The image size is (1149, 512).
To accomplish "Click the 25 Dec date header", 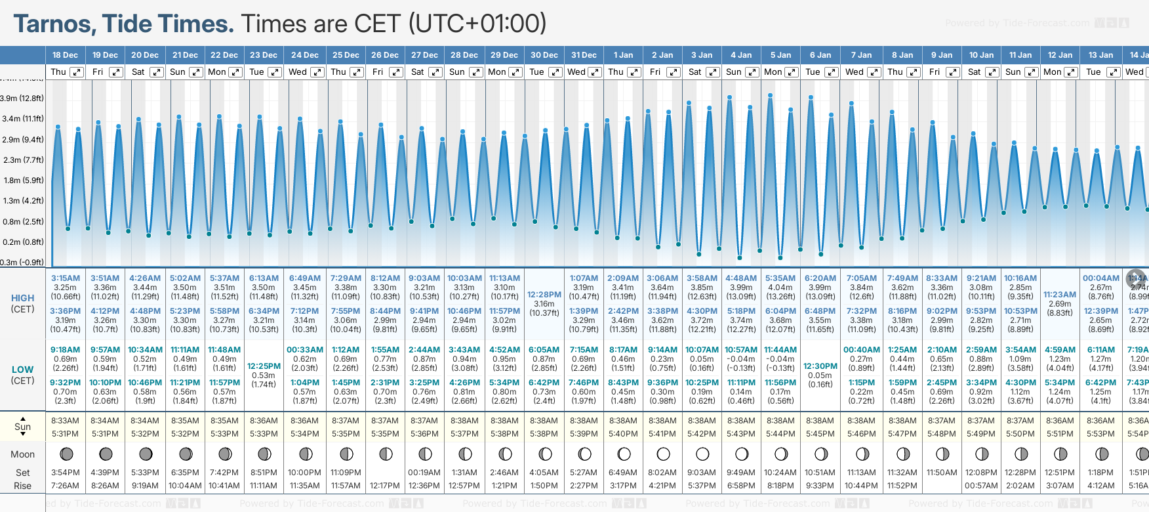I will pos(346,55).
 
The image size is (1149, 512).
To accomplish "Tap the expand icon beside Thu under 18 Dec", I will pos(77,72).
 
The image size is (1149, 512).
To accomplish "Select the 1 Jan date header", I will pos(623,55).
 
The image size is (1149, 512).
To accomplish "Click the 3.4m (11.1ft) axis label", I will pos(23,119).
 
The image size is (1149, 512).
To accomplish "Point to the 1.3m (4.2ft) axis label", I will pos(23,201).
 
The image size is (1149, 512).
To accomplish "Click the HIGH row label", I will pos(23,298).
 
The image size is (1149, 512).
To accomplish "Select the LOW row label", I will pos(23,370).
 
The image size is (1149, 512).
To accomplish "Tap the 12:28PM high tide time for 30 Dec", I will pos(544,295).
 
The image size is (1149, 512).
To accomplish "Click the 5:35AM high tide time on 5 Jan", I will pos(780,278).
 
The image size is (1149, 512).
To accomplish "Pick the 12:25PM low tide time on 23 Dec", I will pos(264,366).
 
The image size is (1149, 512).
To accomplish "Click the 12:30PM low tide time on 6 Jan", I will pos(820,366).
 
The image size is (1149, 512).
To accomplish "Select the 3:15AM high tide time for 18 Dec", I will pos(66,278).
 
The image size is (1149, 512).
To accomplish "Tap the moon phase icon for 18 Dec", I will pos(66,454).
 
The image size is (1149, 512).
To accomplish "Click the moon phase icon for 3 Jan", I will pos(702,454).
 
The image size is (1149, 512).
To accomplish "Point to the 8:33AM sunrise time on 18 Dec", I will pos(66,421).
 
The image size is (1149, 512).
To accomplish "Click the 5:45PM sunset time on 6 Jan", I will pos(820,434).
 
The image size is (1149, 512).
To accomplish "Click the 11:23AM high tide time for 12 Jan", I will pos(1060,295).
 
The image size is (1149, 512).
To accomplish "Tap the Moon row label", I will pos(23,454).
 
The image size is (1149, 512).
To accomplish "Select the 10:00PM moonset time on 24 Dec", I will pos(305,473).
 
